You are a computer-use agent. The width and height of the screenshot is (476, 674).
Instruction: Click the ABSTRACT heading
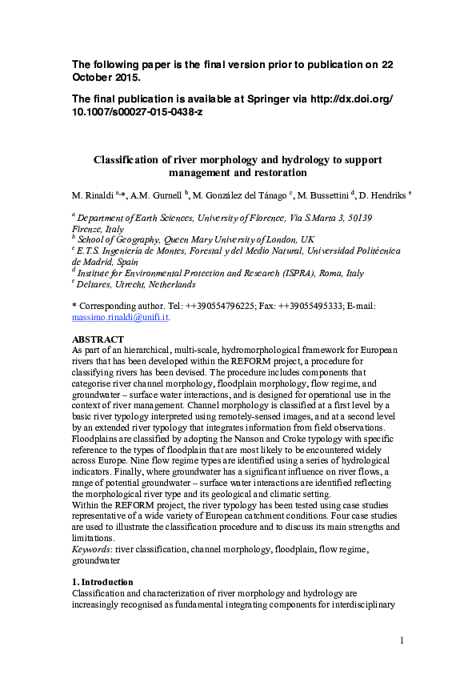coord(98,339)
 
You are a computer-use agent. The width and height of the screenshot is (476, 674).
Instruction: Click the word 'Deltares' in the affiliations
coord(98,284)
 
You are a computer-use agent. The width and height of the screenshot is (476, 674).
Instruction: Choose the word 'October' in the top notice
coord(94,78)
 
